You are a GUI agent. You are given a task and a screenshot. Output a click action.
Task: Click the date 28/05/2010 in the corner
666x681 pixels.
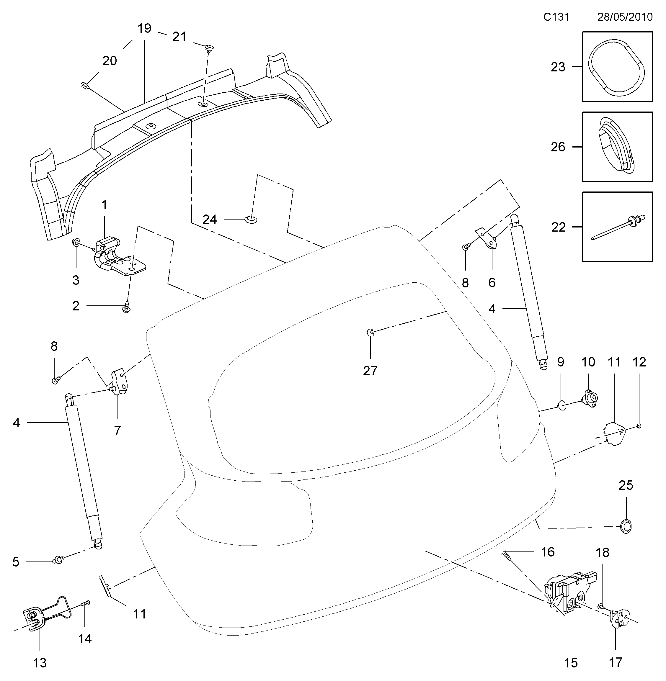[x=625, y=17]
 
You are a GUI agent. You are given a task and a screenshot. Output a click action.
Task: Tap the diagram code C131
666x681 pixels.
[x=556, y=17]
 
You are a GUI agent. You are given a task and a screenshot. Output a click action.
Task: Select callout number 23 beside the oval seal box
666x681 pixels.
[x=558, y=67]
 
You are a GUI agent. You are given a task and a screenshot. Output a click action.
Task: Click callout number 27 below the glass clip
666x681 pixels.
[x=370, y=371]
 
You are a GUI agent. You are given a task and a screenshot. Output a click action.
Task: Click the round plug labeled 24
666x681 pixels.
[x=251, y=220]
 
